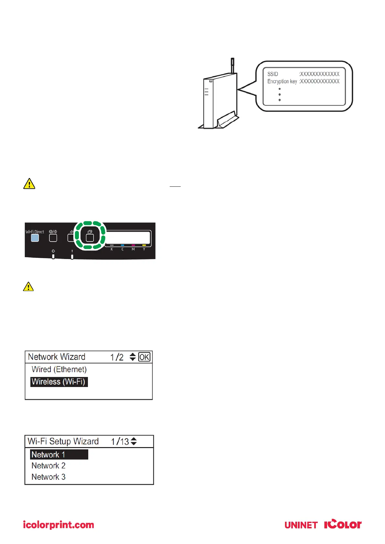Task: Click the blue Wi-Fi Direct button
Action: point(35,238)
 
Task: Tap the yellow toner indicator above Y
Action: point(144,246)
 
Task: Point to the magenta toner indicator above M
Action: point(133,246)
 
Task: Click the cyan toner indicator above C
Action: point(122,246)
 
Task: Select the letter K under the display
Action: point(112,249)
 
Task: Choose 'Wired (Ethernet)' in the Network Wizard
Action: point(59,369)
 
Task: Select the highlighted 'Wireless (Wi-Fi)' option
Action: point(59,382)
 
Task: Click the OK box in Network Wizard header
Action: point(144,357)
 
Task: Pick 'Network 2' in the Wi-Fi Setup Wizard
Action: point(48,466)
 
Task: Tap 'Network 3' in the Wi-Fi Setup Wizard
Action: point(48,477)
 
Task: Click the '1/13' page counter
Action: point(120,442)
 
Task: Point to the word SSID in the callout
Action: point(273,74)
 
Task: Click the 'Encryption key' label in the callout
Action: point(282,81)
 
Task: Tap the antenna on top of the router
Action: point(232,65)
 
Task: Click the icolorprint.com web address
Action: point(59,525)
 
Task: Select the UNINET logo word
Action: point(301,525)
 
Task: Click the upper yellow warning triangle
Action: point(29,184)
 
